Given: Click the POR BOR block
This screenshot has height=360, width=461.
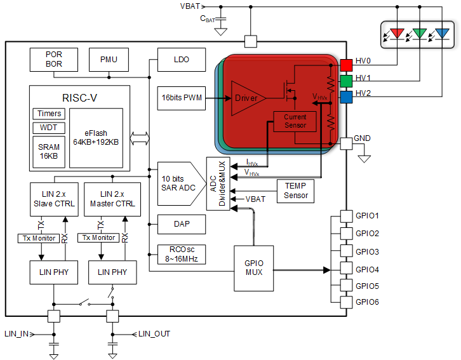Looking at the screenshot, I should (54, 59).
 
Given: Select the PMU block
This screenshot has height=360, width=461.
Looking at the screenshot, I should (109, 59).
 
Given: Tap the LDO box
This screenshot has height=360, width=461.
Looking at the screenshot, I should (181, 59).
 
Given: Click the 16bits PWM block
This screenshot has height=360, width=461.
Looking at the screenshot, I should (181, 98).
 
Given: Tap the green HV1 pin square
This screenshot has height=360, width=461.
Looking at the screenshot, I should (346, 80).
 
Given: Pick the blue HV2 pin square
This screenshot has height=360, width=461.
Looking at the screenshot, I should (346, 97).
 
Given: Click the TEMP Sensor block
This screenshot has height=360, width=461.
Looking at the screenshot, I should (296, 190).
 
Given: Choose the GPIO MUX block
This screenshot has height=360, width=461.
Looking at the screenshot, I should (253, 269).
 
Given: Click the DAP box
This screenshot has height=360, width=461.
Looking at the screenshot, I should (181, 223).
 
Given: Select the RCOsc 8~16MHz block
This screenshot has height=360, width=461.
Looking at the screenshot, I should (181, 255).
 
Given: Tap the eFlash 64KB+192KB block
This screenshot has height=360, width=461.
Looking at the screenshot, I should (97, 137).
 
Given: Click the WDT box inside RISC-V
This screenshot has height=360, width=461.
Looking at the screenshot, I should (48, 128).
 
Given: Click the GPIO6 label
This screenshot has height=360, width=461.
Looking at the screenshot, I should (367, 302).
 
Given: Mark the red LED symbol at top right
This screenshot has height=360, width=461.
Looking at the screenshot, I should (398, 32).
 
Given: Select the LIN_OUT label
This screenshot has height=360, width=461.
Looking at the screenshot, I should (154, 333).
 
